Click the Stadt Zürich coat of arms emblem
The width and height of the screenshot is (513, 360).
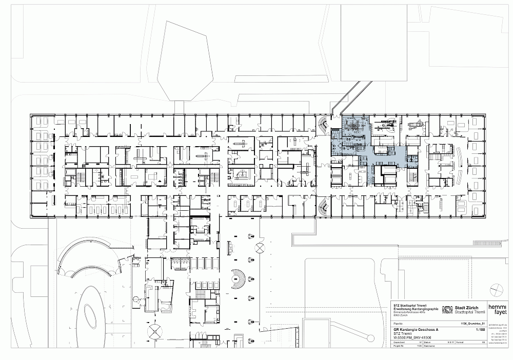pyautogui.click(x=447, y=309)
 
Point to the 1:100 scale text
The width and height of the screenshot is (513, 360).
pyautogui.click(x=480, y=331)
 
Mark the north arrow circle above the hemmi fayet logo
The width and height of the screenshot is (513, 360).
pyautogui.click(x=495, y=289)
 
